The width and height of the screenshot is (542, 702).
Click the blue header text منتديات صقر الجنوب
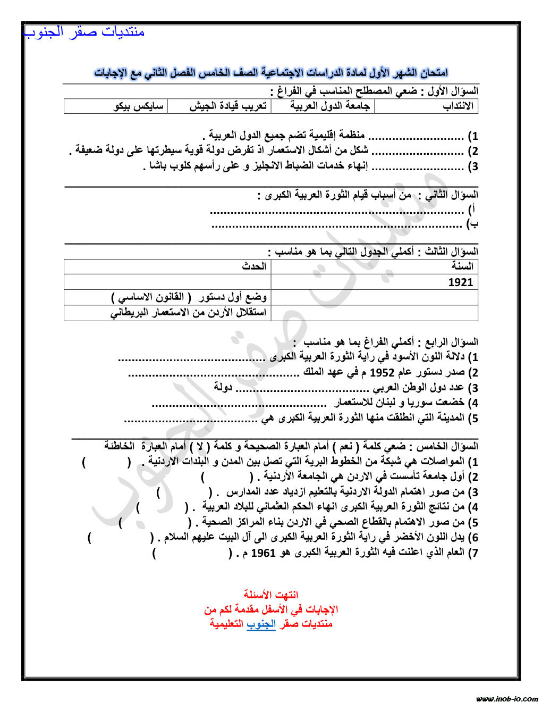[x=84, y=32]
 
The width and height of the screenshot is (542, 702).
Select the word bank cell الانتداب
[x=458, y=106]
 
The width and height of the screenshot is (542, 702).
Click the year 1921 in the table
[x=460, y=282]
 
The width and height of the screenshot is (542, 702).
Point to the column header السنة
[x=462, y=266]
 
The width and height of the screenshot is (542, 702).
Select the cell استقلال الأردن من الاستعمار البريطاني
[x=188, y=313]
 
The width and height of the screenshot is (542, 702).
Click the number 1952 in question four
[x=382, y=372]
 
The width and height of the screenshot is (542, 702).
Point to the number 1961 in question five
[x=263, y=553]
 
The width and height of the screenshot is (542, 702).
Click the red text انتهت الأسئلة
[x=271, y=595]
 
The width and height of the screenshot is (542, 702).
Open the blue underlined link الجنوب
[x=261, y=624]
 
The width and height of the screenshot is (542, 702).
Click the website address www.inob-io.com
[x=507, y=698]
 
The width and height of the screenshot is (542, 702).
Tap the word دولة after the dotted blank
[x=224, y=387]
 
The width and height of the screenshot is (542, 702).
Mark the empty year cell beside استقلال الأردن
[x=374, y=313]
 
